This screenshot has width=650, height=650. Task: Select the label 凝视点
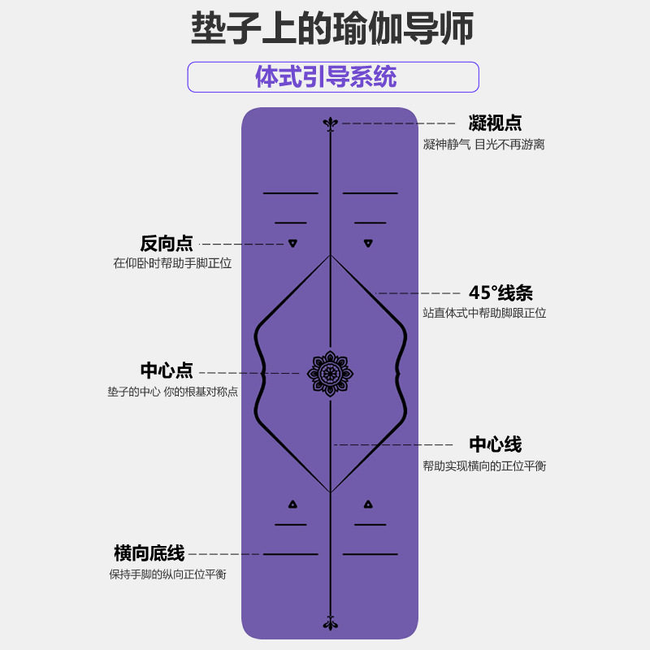(495, 123)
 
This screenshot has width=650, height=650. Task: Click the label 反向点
(167, 244)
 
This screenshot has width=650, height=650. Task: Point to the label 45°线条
(500, 293)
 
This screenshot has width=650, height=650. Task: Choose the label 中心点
(167, 370)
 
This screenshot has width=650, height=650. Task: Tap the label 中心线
(495, 444)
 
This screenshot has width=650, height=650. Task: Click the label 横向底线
(149, 554)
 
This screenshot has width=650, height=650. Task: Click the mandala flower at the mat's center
(329, 374)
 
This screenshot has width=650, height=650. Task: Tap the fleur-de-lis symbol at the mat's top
(329, 123)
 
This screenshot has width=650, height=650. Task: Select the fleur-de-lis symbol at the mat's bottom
(329, 623)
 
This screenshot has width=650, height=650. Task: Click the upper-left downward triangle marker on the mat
(291, 243)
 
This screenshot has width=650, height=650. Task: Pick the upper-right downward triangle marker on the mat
(368, 243)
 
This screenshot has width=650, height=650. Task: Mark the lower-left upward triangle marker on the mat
(291, 504)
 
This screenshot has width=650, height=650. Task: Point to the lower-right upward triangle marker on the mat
(368, 504)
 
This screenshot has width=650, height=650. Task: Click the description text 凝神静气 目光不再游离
(483, 145)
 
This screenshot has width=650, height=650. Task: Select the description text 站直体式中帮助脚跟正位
(484, 313)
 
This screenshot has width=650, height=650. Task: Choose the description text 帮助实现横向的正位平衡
(484, 466)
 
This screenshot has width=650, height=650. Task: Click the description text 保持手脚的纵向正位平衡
(167, 574)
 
